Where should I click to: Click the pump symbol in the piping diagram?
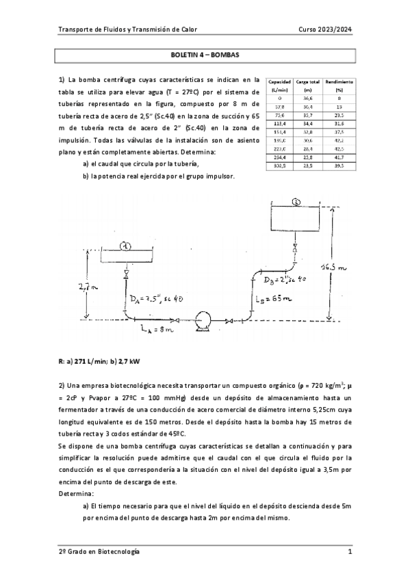[203, 319]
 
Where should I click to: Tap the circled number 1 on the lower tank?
[125, 246]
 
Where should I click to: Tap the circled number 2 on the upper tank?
[295, 202]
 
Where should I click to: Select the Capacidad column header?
[280, 84]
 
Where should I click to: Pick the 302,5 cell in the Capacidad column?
[280, 165]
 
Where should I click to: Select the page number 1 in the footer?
[349, 551]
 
